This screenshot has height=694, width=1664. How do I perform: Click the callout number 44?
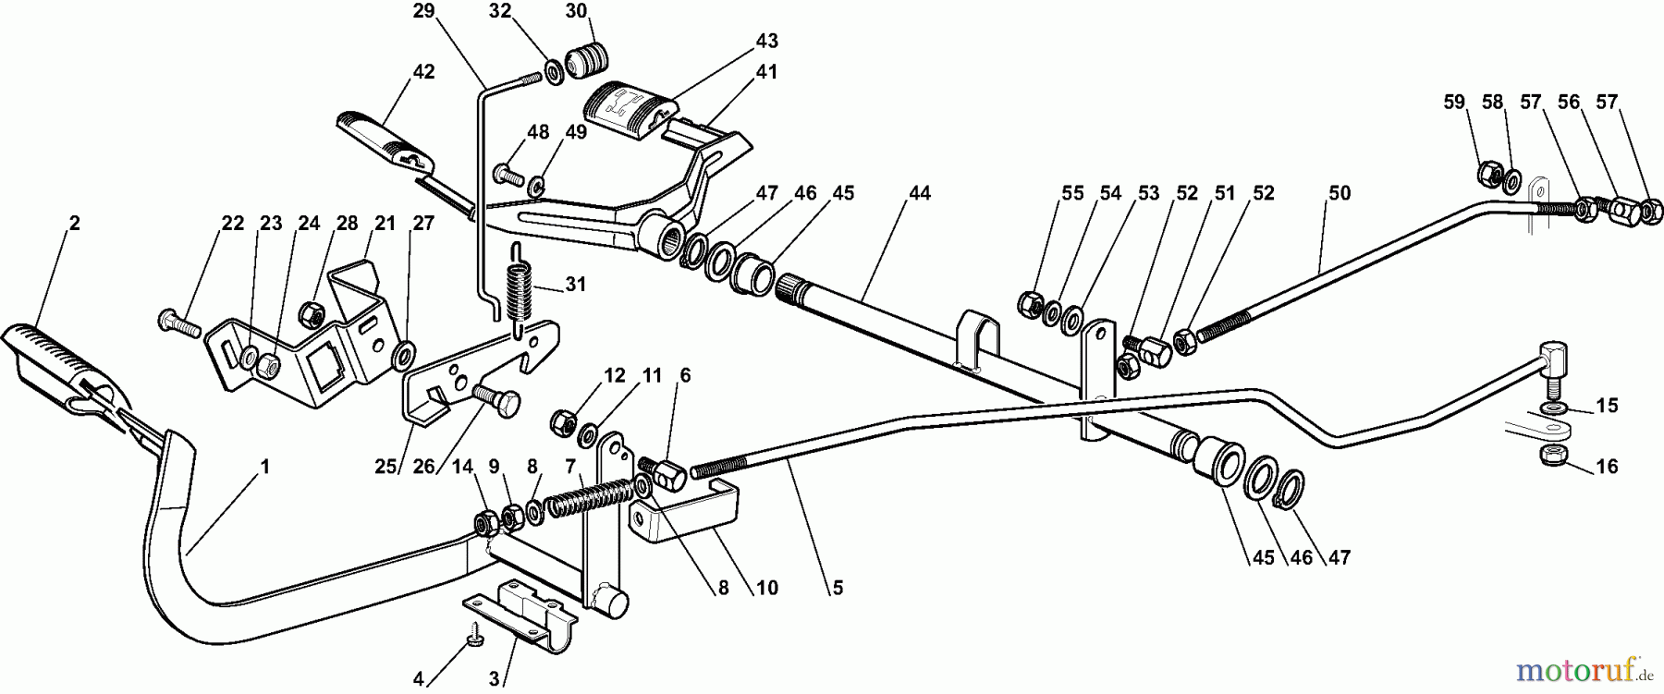pos(919,193)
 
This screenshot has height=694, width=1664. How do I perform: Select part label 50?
pos(1339,193)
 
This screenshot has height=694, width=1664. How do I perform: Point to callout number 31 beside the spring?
pos(575,285)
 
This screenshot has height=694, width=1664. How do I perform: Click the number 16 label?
pos(1607,467)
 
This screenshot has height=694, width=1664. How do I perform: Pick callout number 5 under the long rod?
pos(836,586)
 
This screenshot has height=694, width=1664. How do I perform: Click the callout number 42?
pos(423,72)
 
